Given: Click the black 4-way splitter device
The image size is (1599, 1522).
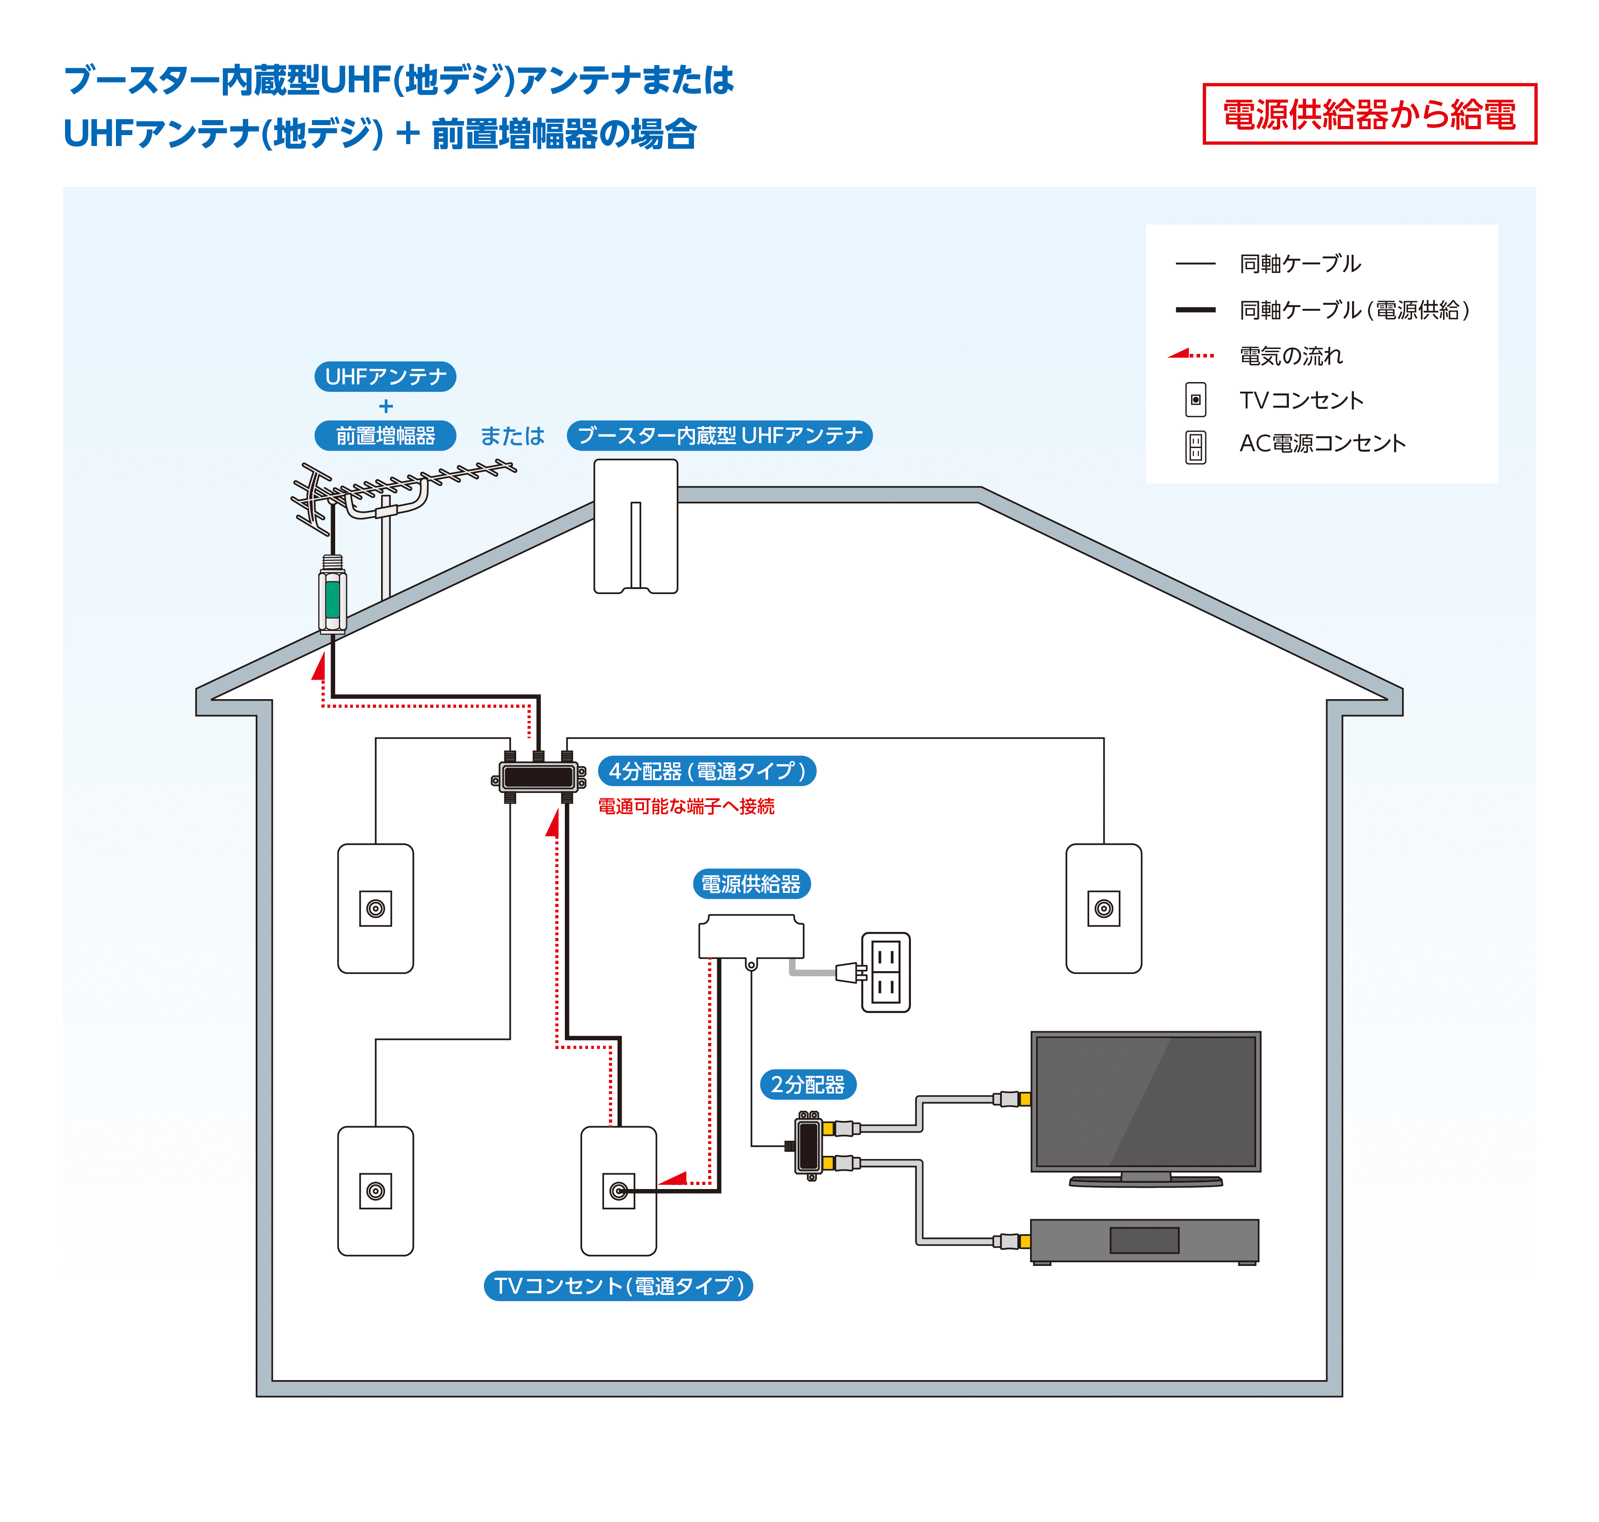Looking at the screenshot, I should pos(538,777).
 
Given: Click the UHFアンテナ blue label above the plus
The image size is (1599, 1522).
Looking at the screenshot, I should pos(385,377).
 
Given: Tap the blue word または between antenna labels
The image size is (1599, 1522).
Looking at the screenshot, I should pos(512,436).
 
